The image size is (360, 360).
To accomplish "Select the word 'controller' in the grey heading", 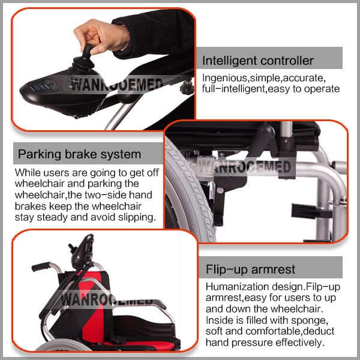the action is (287, 61).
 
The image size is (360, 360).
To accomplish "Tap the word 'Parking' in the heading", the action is (40, 154).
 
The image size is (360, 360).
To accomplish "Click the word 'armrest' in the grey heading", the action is (273, 270).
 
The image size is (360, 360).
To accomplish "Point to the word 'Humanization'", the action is (237, 287).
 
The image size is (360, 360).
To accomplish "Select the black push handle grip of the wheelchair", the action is (41, 267).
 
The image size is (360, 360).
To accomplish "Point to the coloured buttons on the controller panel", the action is (44, 85).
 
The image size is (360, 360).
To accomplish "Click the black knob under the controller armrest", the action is (187, 87).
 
